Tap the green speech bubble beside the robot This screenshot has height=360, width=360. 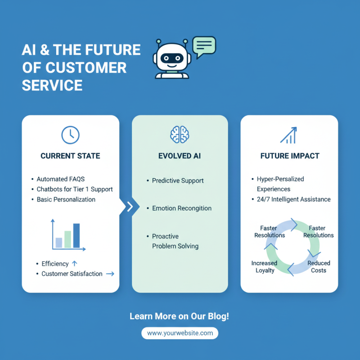tap(204, 45)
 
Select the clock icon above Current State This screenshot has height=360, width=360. tap(70, 135)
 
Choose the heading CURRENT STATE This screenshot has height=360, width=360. tap(70, 156)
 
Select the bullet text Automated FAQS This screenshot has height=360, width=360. tap(60, 179)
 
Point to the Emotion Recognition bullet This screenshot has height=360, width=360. tap(181, 208)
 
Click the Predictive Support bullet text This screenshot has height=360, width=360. tap(178, 180)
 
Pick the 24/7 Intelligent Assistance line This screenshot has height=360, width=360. tap(293, 199)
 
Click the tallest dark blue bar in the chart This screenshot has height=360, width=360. tap(76, 235)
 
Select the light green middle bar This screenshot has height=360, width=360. tap(67, 239)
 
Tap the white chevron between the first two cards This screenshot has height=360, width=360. tap(130, 207)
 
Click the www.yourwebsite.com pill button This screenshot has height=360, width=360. tap(180, 333)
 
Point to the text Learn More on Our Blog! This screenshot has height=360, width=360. tap(180, 316)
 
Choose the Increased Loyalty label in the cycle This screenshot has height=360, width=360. tap(264, 267)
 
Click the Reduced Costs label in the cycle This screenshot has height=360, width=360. tap(319, 267)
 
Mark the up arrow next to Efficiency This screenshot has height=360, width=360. tap(75, 264)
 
